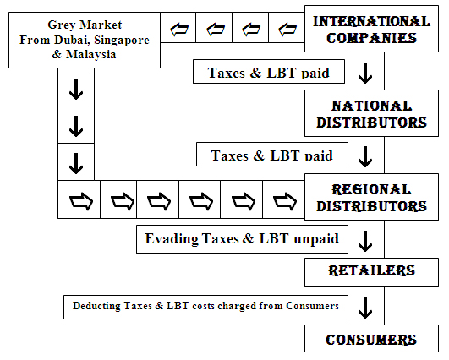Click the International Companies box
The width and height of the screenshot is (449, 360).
click(x=371, y=29)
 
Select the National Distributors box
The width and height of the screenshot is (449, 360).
click(x=371, y=113)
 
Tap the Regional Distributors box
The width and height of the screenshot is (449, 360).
click(x=371, y=197)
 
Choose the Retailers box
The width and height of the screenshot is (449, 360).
click(x=371, y=272)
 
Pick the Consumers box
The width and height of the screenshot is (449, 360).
click(x=371, y=339)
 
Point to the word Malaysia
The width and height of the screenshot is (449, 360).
click(x=91, y=54)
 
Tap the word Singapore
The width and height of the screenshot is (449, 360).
click(x=122, y=41)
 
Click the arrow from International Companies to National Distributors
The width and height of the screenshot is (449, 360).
click(x=365, y=73)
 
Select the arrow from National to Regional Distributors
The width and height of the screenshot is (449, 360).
click(x=365, y=156)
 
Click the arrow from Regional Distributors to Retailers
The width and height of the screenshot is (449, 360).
click(x=365, y=241)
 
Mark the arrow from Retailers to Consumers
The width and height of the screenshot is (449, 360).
click(x=365, y=308)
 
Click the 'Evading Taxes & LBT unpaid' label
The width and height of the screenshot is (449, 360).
click(x=242, y=238)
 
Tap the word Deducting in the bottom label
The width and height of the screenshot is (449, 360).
click(x=96, y=306)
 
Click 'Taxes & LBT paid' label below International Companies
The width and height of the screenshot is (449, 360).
click(x=269, y=73)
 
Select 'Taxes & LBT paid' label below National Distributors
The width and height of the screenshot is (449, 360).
click(x=272, y=155)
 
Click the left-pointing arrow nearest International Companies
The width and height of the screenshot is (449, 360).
click(x=287, y=30)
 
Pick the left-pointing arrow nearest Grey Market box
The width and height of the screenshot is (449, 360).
click(x=179, y=30)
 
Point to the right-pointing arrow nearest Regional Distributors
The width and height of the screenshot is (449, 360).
click(x=285, y=201)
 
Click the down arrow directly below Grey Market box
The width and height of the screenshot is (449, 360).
click(x=76, y=90)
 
